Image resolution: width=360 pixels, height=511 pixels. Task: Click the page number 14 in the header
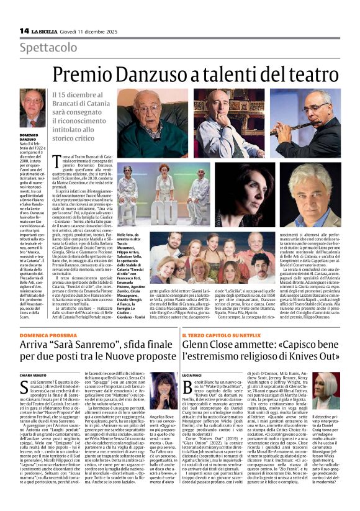point(24,30)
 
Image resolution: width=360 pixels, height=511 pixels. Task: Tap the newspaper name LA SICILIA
point(48,30)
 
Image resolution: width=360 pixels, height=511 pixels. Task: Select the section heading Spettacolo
point(44,48)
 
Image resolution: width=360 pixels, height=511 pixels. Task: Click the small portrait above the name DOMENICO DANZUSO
point(32,108)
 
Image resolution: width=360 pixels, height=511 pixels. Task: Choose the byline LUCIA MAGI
point(208,375)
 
